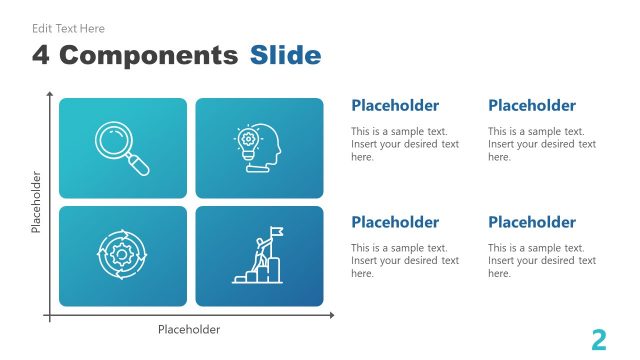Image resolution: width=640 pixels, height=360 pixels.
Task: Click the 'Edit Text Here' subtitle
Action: coord(68,29)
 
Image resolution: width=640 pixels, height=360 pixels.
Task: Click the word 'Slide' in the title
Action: coord(285,55)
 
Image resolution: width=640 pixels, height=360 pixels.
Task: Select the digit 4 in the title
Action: coord(41,55)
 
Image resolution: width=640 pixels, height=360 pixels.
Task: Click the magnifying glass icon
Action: coord(122,148)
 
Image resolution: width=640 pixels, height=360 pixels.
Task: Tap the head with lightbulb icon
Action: coord(259,148)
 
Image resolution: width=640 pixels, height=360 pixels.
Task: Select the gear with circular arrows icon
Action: coord(122,255)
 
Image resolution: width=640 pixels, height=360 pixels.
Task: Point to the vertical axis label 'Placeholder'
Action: coord(36,202)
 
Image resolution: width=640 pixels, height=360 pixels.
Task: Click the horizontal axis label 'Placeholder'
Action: coord(189,329)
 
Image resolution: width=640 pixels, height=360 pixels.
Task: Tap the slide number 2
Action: coord(599,340)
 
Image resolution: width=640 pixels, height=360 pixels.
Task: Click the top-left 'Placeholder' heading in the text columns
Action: coord(395,106)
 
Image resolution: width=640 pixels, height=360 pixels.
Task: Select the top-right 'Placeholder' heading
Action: coord(532,106)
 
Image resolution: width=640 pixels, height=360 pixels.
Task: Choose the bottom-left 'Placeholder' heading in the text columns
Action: coord(395,222)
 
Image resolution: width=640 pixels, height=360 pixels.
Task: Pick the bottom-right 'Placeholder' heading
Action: coord(532,222)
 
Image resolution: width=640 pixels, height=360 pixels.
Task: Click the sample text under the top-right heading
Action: coord(542,144)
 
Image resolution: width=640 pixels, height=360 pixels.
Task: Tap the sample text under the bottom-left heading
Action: coord(405,260)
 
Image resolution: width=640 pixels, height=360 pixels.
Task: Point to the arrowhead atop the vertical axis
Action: coord(48,93)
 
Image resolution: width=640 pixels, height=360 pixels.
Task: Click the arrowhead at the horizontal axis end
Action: coord(331,315)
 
